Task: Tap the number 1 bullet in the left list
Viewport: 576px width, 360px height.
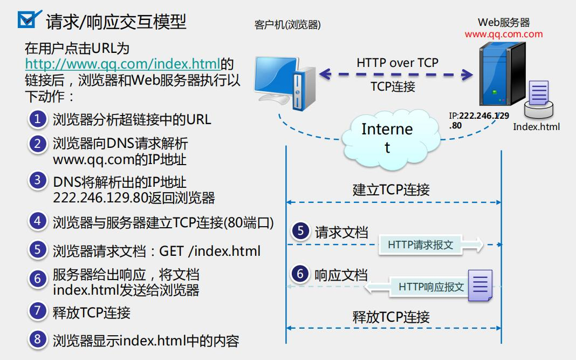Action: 37,119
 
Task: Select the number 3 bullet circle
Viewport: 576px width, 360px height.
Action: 37,180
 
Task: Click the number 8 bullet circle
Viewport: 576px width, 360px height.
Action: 37,339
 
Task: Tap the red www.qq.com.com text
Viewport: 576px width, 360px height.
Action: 504,35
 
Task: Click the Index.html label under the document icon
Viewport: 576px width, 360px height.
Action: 536,127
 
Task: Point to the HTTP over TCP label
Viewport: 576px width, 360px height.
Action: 397,63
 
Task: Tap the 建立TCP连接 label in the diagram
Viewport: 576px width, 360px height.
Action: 391,190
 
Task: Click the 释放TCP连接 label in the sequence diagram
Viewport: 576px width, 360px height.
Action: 391,317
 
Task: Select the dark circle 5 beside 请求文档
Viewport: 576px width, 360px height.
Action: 300,232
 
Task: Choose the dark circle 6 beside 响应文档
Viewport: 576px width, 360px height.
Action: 300,274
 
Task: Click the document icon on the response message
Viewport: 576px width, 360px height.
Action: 480,285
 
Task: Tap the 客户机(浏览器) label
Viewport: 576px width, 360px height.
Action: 287,25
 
